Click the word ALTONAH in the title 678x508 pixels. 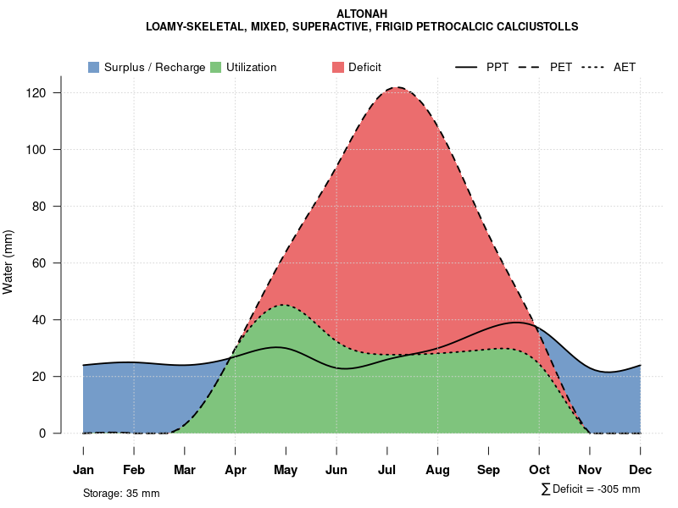coord(362,14)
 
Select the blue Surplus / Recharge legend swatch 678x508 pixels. coord(94,67)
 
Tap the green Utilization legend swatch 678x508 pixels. coord(216,67)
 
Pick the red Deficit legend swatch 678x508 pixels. coord(338,67)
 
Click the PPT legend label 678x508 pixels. coord(497,67)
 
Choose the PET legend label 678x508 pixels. coord(561,67)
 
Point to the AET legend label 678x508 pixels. coord(625,67)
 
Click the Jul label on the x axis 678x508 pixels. coord(387,470)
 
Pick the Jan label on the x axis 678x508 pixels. coord(83,470)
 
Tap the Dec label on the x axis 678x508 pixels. coord(641,470)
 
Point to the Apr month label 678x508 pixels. coord(235,470)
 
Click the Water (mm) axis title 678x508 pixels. coord(8,262)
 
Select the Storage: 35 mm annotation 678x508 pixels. coord(121,493)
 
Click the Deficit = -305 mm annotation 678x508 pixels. coord(591,489)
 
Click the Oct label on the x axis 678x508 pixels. coord(539,470)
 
